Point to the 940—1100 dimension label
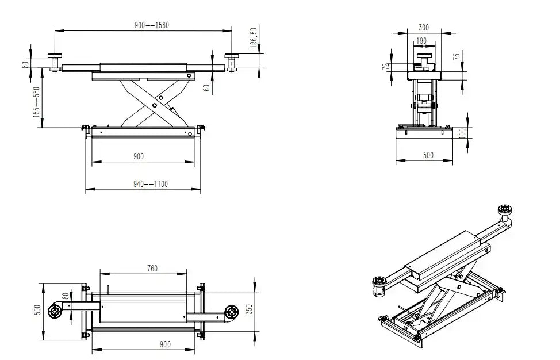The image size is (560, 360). pos(151,184)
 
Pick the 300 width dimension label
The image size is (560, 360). pos(424,27)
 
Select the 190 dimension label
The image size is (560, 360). pos(421,41)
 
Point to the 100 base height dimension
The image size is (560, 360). pos(462,133)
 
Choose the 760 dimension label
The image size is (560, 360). pos(152,268)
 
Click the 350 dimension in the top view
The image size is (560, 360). pos(248,309)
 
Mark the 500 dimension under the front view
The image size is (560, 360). pos(428,155)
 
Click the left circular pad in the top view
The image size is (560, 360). pos(55,310)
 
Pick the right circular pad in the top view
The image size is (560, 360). pos(232,312)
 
